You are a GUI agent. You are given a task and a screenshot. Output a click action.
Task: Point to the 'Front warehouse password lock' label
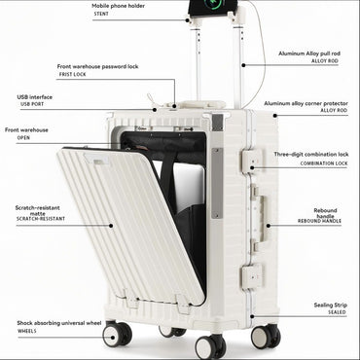[x=98, y=66]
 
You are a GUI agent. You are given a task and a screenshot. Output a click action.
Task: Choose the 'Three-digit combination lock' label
[x=310, y=154]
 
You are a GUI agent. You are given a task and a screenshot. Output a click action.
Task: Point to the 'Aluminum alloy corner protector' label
[x=306, y=102]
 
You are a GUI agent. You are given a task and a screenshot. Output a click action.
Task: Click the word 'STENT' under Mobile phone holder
[x=101, y=14]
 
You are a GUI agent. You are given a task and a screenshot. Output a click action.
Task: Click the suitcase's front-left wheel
[x=117, y=335]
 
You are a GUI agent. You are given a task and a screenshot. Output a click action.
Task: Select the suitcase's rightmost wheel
[x=264, y=336]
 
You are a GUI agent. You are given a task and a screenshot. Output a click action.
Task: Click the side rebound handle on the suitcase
[x=258, y=215]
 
